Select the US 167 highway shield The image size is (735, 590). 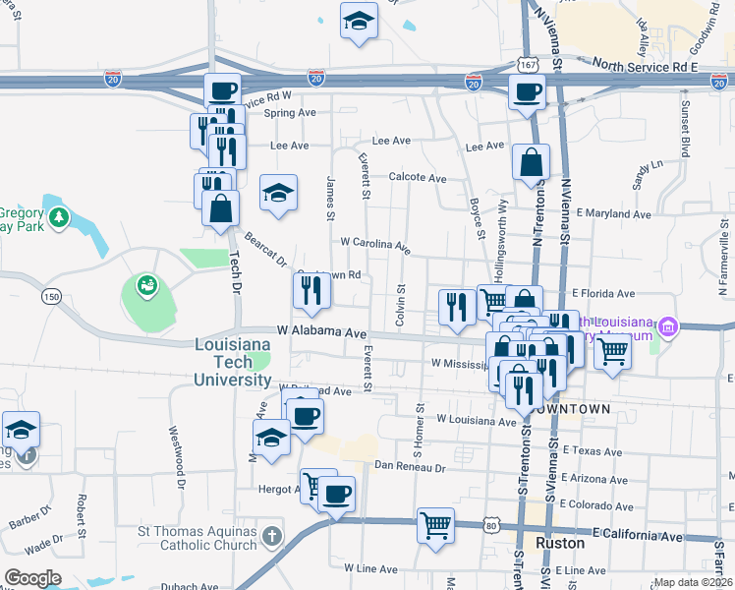527,64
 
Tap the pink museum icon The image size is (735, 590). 668,326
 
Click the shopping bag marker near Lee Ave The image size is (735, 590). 531,164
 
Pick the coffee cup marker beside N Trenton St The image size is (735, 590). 527,93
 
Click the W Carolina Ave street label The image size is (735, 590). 374,244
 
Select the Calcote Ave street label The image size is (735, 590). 418,178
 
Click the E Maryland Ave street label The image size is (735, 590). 614,213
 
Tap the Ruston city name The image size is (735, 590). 562,543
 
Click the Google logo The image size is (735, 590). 33,578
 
